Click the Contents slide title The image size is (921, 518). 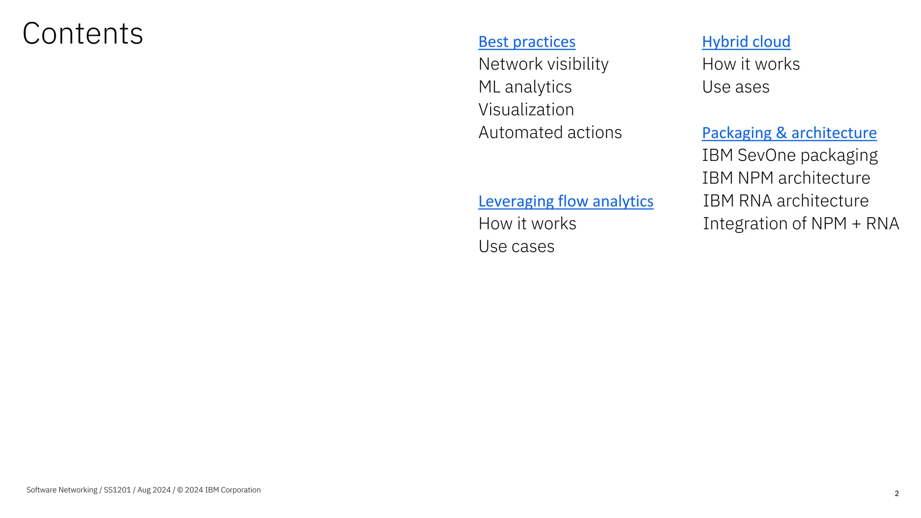[x=83, y=34]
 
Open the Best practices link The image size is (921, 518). [x=527, y=42]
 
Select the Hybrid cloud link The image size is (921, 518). [x=746, y=42]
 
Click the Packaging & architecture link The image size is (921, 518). [x=789, y=133]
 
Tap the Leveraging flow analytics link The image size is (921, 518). [x=566, y=201]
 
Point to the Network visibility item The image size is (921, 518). [x=543, y=64]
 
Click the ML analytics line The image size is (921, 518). [x=525, y=87]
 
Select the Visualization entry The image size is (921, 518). [x=526, y=110]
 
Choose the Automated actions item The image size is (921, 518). [x=550, y=133]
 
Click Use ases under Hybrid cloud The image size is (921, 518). [x=736, y=87]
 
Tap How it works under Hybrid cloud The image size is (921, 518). [x=751, y=64]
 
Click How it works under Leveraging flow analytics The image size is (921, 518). [x=527, y=224]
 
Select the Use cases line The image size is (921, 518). [x=516, y=247]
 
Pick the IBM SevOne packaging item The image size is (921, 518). [x=790, y=156]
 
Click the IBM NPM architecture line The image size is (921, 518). [x=786, y=179]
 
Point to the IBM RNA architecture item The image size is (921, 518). [x=786, y=201]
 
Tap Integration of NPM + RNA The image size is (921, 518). [x=801, y=224]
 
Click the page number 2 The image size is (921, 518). [x=897, y=494]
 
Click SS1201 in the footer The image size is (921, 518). [x=117, y=490]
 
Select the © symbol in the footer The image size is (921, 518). [x=180, y=490]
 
